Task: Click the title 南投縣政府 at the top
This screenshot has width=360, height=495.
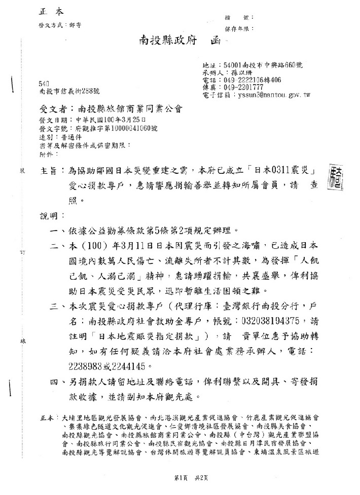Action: click(x=167, y=42)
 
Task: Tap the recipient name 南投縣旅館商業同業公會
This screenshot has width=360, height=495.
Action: click(x=124, y=109)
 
